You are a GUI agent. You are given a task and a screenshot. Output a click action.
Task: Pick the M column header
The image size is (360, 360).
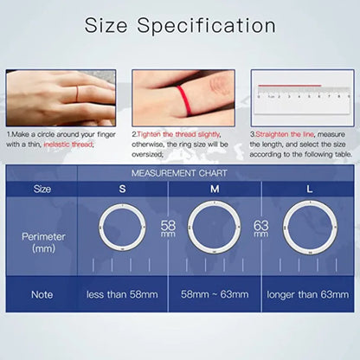point(214,188)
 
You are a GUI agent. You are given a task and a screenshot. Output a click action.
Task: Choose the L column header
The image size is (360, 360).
point(310,188)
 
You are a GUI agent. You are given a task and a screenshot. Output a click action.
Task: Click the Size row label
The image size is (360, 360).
point(42,188)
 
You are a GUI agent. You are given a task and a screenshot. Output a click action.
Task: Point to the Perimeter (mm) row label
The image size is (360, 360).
point(42,241)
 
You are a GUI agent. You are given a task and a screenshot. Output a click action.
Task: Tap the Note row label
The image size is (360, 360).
point(42,294)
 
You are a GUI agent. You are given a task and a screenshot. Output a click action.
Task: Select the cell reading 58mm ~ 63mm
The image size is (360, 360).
point(214,294)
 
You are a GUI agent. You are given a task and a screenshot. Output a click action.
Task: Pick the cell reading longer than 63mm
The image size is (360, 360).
point(309,294)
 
